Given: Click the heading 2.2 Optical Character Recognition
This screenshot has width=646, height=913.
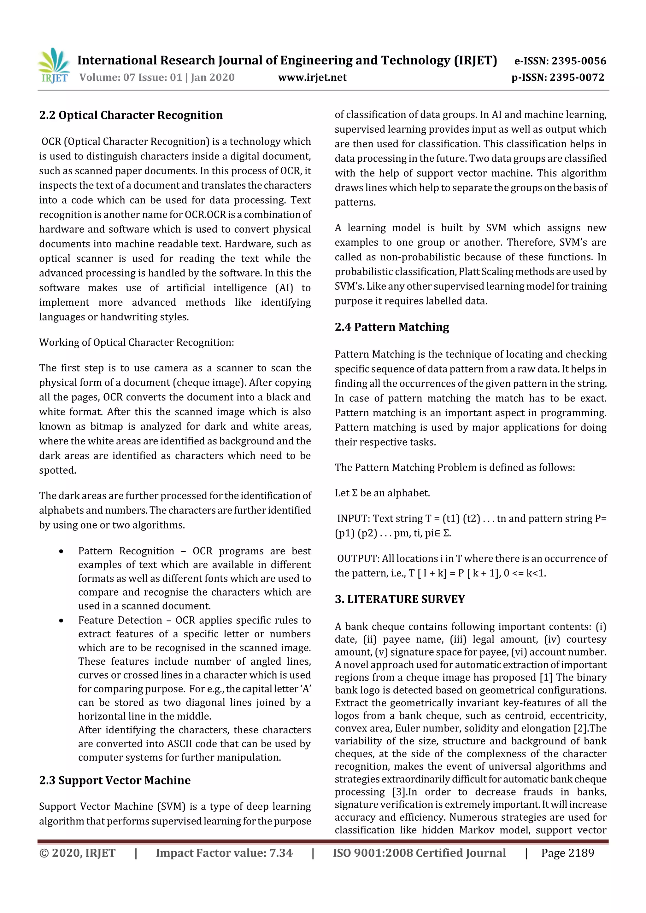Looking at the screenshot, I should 131,115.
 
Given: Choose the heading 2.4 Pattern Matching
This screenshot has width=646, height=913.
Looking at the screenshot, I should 392,327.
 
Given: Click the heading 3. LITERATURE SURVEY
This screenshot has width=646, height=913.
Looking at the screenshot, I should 400,599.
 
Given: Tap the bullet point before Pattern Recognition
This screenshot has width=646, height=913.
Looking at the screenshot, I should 61,552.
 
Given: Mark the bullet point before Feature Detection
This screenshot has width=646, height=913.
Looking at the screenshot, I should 61,621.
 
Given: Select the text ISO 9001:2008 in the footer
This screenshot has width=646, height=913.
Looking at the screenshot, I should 367,853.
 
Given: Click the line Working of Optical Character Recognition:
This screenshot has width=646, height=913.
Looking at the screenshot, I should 137,342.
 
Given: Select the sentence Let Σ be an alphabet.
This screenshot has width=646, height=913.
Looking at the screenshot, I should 382,493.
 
